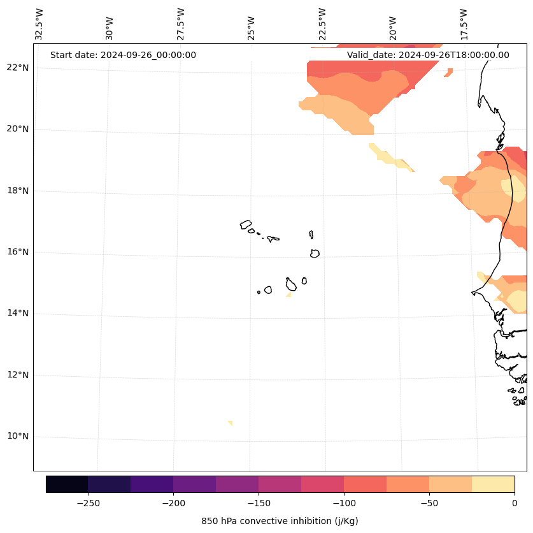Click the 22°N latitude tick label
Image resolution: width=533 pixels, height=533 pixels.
click(18, 68)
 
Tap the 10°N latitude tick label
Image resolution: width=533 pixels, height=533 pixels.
click(18, 437)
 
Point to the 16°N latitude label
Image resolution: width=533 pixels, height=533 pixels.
click(18, 252)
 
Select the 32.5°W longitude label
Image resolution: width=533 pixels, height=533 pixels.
click(39, 24)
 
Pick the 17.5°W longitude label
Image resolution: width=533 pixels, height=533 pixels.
click(464, 24)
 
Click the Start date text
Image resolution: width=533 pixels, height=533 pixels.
click(123, 55)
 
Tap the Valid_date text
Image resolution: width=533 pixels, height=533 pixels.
click(428, 55)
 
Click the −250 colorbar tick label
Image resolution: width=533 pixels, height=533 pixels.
click(88, 503)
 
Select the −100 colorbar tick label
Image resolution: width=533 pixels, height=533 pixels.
click(344, 503)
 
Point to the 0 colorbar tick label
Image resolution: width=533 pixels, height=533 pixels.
click(514, 503)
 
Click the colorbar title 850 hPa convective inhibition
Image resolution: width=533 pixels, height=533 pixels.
click(280, 521)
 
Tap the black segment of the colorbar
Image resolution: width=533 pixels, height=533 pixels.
click(67, 484)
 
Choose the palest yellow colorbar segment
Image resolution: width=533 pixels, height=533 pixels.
click(493, 484)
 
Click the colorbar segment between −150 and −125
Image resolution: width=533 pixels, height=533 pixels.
click(280, 484)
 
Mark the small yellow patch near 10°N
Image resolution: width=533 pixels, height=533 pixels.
click(230, 423)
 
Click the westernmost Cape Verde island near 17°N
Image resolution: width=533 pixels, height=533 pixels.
click(246, 224)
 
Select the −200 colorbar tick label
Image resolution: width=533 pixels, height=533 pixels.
click(173, 503)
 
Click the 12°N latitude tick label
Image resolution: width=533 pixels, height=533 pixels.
click(18, 375)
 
